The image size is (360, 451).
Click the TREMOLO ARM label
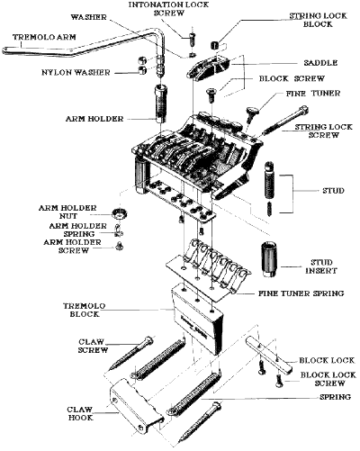44,37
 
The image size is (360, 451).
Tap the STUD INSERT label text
321,266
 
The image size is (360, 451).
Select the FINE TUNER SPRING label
301,293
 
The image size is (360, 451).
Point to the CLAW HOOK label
80,413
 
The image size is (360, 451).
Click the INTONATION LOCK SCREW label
168,9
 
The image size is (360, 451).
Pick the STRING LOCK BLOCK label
318,20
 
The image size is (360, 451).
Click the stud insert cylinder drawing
269,259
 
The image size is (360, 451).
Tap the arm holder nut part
120,213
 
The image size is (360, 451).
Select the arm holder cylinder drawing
160,104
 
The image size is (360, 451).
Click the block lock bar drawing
267,354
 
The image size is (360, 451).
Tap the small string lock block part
215,46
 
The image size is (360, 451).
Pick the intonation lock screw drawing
193,39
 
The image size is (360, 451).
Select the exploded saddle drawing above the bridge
209,68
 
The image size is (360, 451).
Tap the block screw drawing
211,94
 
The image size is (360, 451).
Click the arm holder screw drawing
120,246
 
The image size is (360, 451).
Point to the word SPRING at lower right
335,397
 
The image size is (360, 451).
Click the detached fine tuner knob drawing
252,114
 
